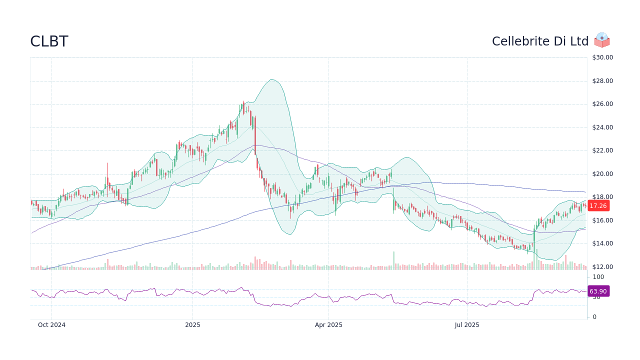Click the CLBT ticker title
(x=49, y=41)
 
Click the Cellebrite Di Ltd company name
(x=540, y=41)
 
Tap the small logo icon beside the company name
(x=602, y=40)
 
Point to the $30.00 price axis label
(x=602, y=57)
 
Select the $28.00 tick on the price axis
(x=602, y=81)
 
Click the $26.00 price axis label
(x=602, y=104)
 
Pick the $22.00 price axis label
(x=602, y=150)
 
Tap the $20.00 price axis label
(x=602, y=174)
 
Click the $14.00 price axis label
(x=602, y=243)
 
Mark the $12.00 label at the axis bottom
(x=602, y=267)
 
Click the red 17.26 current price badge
(x=597, y=205)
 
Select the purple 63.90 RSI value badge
(x=597, y=291)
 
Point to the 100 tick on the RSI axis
(x=598, y=277)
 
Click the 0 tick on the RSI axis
(x=594, y=317)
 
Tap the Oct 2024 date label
(x=51, y=325)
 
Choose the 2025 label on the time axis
(x=192, y=325)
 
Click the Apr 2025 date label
(x=328, y=325)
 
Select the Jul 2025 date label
(x=467, y=325)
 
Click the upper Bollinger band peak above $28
(x=270, y=79)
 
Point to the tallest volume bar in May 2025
(x=393, y=260)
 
